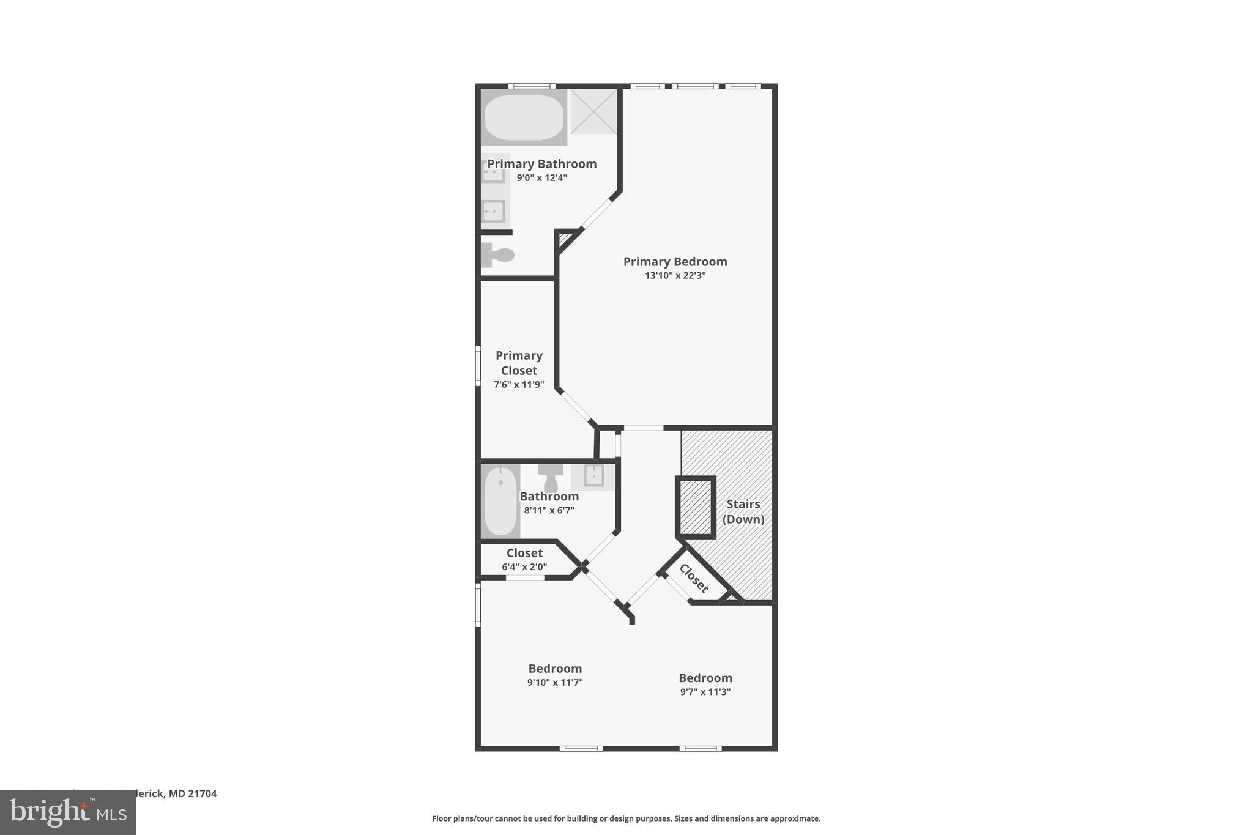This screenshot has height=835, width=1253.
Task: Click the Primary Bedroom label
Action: click(675, 262)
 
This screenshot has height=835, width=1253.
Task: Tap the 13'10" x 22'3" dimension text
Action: click(675, 276)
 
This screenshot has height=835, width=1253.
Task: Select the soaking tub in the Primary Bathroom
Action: click(524, 117)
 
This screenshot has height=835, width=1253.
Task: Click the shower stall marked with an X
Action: click(593, 111)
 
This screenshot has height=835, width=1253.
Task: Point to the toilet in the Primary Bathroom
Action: click(497, 255)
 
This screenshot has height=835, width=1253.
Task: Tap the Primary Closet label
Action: click(519, 363)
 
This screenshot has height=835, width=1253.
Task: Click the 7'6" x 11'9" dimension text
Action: click(519, 385)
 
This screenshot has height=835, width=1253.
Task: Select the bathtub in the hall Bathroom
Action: click(500, 501)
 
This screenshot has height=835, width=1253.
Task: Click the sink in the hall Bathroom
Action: click(593, 476)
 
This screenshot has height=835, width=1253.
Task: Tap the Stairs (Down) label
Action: click(743, 511)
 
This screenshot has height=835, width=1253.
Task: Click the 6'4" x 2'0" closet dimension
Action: click(524, 567)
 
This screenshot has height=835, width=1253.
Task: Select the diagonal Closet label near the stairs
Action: click(694, 578)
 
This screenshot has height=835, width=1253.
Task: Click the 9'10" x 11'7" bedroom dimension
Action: click(555, 683)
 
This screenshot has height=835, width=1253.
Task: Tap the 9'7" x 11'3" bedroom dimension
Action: click(705, 692)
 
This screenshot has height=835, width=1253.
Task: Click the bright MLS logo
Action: click(68, 813)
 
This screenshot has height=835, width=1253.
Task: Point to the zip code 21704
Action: click(202, 794)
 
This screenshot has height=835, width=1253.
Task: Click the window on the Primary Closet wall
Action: click(478, 366)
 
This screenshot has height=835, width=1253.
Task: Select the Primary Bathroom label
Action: click(541, 164)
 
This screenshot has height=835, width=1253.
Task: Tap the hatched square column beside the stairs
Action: click(696, 507)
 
